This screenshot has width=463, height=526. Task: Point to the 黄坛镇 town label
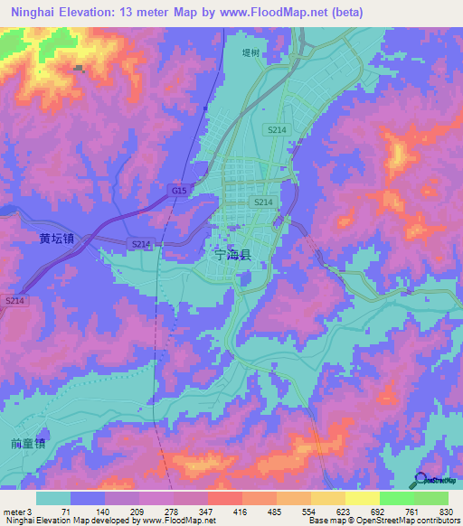[x=56, y=240]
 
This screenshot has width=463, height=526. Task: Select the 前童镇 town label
[x=29, y=444]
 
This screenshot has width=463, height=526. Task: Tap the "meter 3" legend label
[x=17, y=511]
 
